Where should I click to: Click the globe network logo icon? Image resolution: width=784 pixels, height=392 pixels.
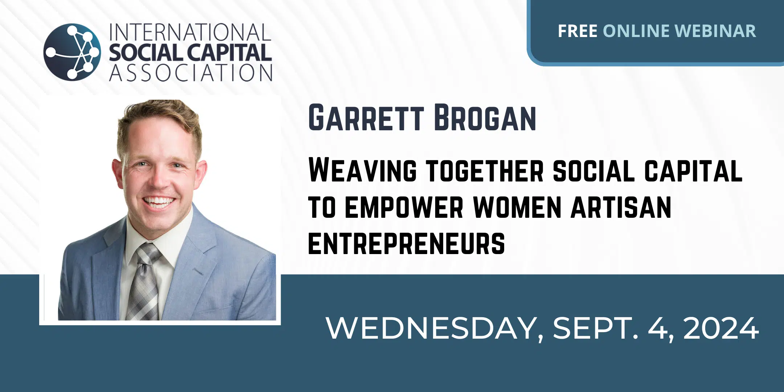click(x=72, y=52)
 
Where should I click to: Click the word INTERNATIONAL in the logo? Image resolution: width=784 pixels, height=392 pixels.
click(x=190, y=33)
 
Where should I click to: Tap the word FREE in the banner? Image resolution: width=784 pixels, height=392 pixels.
click(x=577, y=31)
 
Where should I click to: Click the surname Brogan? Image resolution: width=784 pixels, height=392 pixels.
click(x=485, y=118)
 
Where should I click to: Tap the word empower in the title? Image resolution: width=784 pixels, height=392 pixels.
click(x=404, y=207)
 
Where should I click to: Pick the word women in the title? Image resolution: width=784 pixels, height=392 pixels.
click(x=518, y=207)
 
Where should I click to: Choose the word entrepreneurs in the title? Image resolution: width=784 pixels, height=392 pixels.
click(x=407, y=243)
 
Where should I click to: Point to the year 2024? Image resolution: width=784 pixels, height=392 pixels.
click(x=721, y=328)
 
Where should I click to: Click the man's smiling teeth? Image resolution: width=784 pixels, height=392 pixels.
click(x=159, y=201)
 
